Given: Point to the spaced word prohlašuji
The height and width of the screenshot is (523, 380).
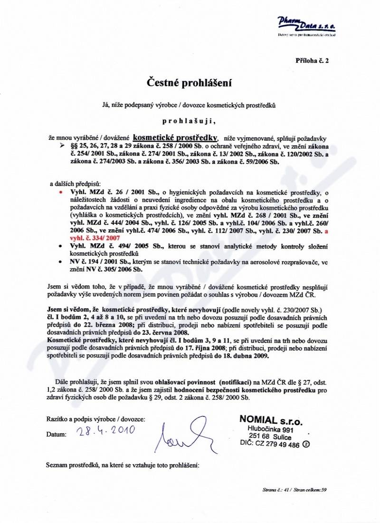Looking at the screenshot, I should (x=189, y=122).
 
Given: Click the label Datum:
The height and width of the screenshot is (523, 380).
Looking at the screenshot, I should (x=57, y=435).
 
